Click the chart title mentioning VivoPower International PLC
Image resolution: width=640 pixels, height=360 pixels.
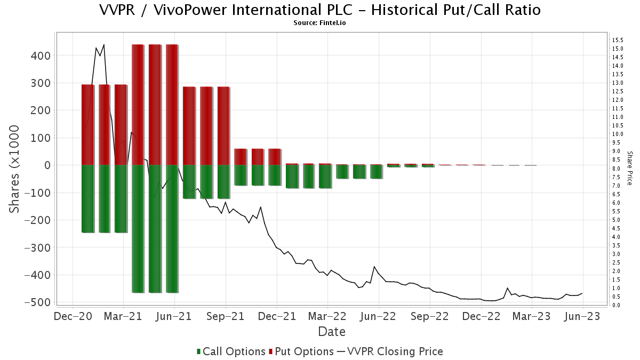(320, 10)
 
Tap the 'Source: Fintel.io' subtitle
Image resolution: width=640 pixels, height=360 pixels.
(320, 23)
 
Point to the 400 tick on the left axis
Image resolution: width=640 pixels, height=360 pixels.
(40, 55)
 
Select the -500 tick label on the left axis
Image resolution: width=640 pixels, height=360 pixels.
(37, 302)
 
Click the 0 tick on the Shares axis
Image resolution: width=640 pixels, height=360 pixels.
(47, 165)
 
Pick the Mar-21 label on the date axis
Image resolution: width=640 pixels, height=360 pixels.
(123, 316)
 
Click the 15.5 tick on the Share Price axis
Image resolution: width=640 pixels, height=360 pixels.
(618, 40)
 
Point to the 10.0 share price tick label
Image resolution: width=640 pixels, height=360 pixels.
(618, 134)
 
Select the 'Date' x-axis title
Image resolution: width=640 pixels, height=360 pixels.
(332, 332)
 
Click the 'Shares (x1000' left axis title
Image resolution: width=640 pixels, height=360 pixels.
(14, 169)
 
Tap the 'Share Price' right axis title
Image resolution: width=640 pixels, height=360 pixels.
(629, 167)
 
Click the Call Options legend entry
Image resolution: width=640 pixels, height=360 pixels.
(231, 351)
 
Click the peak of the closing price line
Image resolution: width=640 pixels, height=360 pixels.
(103, 45)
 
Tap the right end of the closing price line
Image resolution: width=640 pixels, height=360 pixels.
(582, 293)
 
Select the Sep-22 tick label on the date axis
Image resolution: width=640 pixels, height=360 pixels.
(430, 316)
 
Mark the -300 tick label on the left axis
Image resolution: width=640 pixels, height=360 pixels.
(37, 247)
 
